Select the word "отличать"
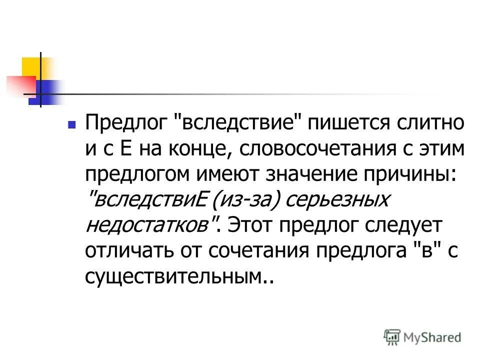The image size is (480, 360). click(124, 251)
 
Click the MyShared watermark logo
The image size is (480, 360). click(422, 337)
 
